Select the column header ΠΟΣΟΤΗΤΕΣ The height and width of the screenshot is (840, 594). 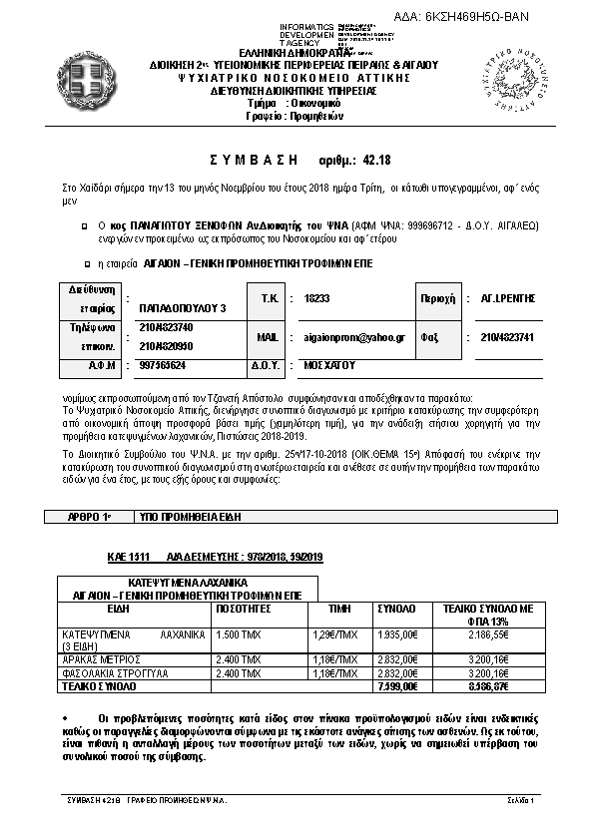click(245, 607)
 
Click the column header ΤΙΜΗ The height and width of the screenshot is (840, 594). click(340, 607)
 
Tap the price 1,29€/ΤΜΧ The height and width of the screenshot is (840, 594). click(335, 633)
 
